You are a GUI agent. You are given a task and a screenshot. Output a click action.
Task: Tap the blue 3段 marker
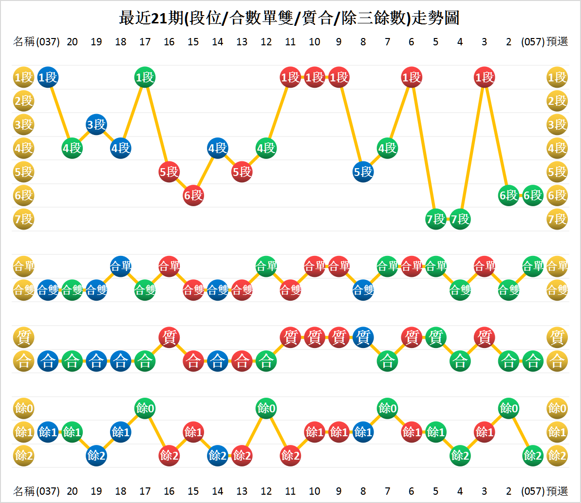96,124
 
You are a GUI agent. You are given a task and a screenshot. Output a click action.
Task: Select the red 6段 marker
193,195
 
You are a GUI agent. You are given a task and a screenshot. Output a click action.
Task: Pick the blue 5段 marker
363,172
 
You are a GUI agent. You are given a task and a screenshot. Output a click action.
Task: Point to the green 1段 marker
145,77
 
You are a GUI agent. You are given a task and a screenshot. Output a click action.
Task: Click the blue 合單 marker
121,267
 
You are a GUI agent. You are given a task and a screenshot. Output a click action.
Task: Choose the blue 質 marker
363,337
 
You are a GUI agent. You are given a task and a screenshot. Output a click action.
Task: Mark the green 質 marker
435,337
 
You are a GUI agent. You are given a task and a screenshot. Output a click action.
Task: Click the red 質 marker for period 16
169,337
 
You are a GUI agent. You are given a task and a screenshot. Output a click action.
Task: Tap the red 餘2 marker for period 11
290,456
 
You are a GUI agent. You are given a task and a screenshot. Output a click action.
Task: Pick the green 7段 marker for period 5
435,219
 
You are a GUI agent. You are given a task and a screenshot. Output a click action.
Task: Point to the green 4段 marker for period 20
72,148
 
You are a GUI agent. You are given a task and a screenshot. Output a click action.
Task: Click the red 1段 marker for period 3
484,77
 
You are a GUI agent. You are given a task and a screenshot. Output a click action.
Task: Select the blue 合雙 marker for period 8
363,290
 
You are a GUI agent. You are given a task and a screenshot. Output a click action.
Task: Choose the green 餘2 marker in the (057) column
533,456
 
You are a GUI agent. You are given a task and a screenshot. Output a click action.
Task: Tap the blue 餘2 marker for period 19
96,456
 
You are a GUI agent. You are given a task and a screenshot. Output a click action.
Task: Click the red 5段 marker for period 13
242,172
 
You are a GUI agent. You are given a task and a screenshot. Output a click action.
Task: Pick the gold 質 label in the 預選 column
557,337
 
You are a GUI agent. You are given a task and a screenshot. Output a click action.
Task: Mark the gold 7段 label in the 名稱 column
23,219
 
